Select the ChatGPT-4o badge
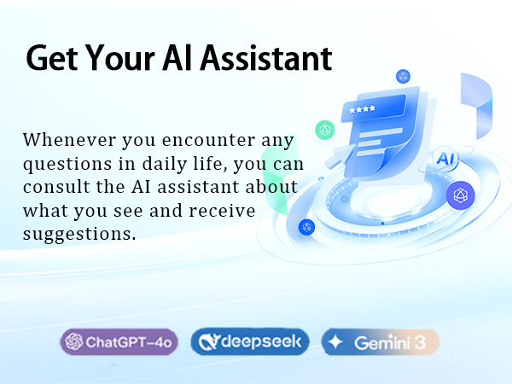coord(120,342)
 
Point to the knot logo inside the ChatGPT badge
coord(73,342)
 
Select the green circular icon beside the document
coord(324,130)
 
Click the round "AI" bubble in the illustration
coord(445,158)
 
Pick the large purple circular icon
coord(461,195)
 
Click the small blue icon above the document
coord(403,77)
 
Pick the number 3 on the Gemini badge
coord(419,342)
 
